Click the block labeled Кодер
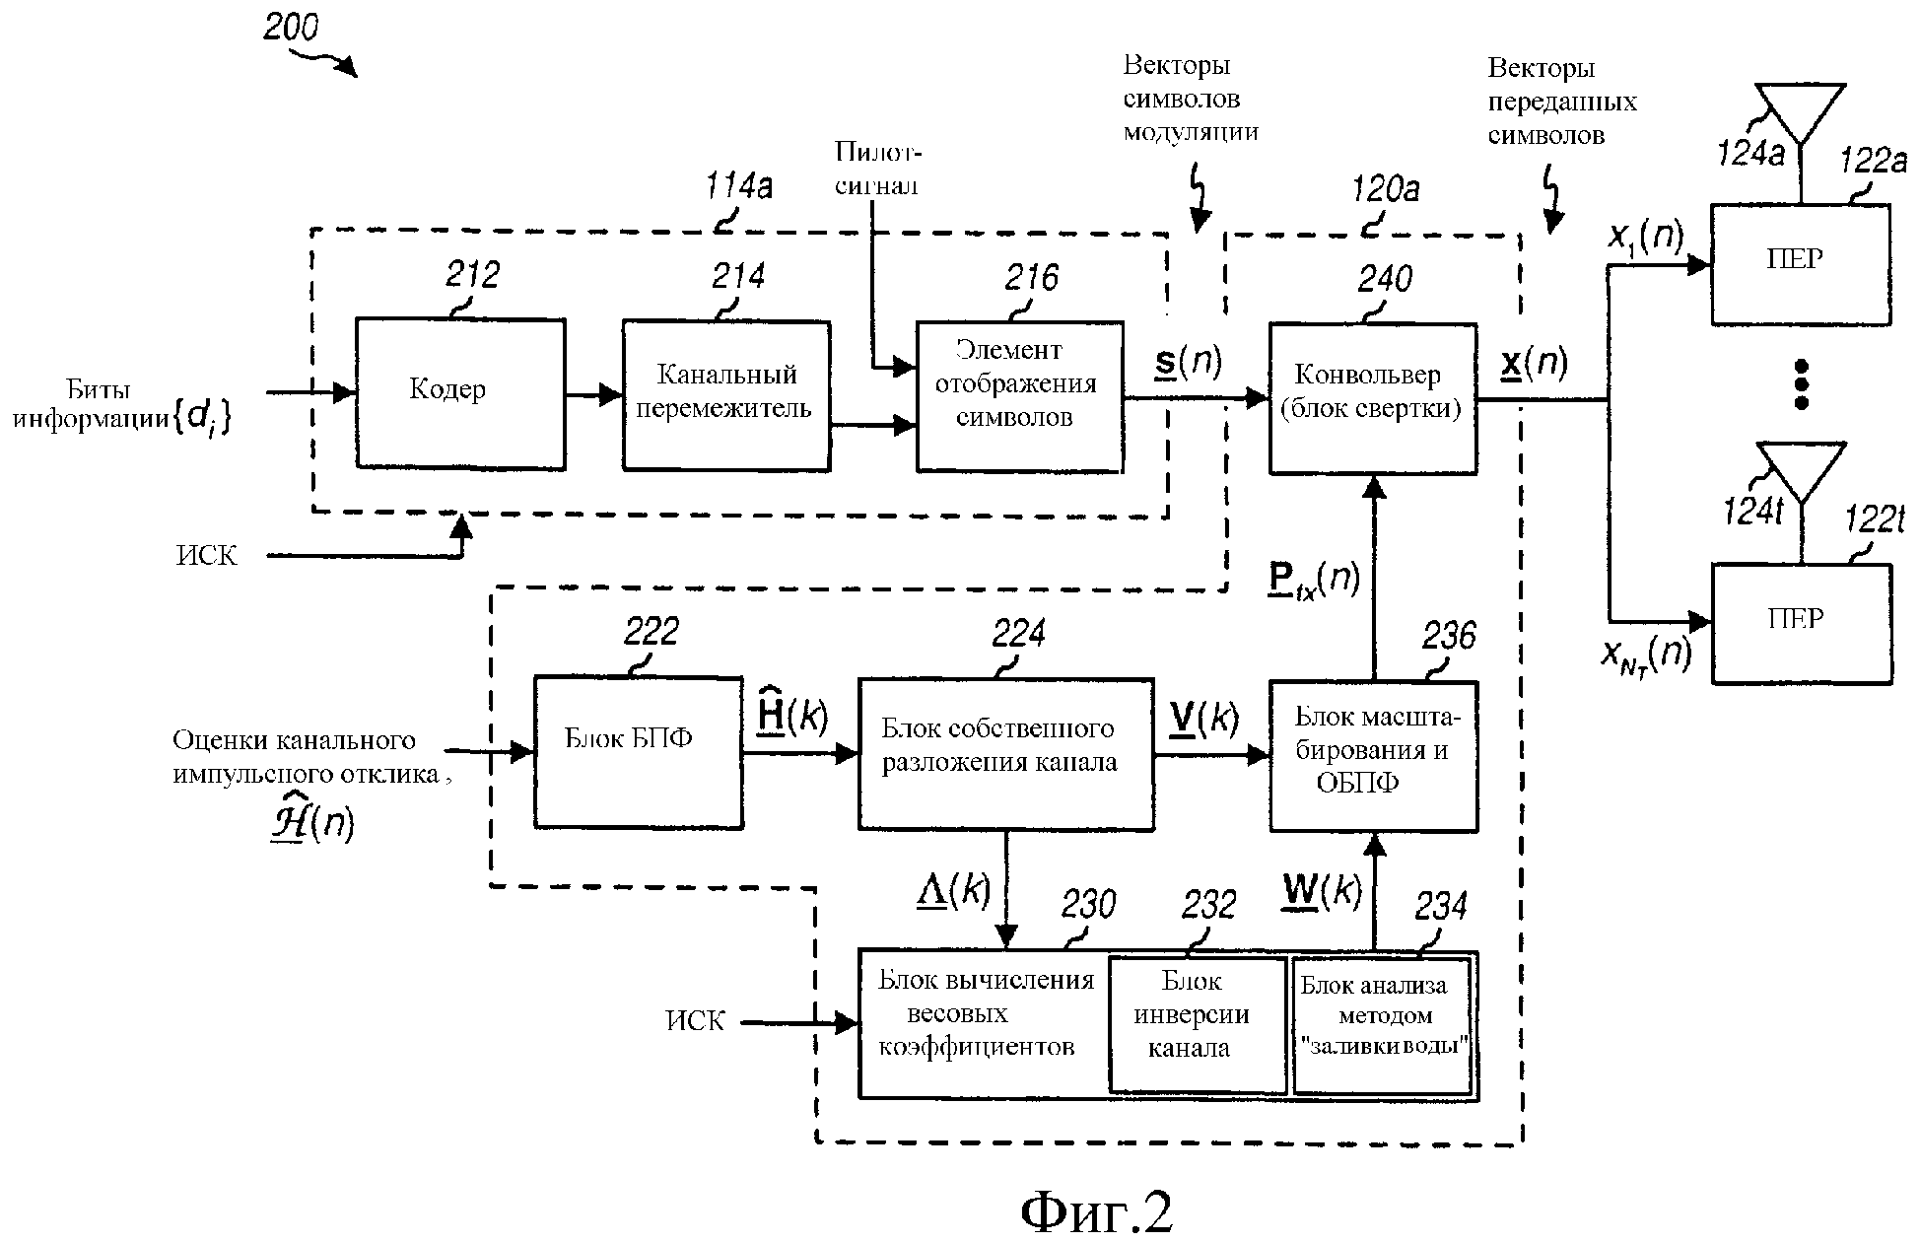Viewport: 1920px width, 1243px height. pyautogui.click(x=460, y=393)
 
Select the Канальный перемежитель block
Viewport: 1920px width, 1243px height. pyautogui.click(x=725, y=394)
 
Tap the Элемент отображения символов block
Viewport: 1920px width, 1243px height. pyautogui.click(x=1019, y=395)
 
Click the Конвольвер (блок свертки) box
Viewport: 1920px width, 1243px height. pyautogui.click(x=1372, y=398)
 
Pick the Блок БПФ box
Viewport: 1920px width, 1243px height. pyautogui.click(x=638, y=751)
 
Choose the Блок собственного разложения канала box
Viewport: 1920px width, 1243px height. pyautogui.click(x=1005, y=752)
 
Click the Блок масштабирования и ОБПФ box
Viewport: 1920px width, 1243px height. pyautogui.click(x=1372, y=755)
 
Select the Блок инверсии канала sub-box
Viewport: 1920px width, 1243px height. pyautogui.click(x=1197, y=1023)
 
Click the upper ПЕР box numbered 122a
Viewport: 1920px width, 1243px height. pyautogui.click(x=1800, y=264)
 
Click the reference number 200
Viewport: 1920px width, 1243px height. pyautogui.click(x=291, y=27)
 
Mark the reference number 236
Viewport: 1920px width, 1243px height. pyautogui.click(x=1449, y=637)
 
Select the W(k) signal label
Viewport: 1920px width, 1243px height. pyautogui.click(x=1321, y=890)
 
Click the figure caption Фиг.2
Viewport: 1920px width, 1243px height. pyautogui.click(x=1096, y=1208)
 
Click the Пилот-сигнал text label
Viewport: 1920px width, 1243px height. pyautogui.click(x=877, y=168)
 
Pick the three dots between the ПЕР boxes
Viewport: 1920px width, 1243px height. pyautogui.click(x=1801, y=383)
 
